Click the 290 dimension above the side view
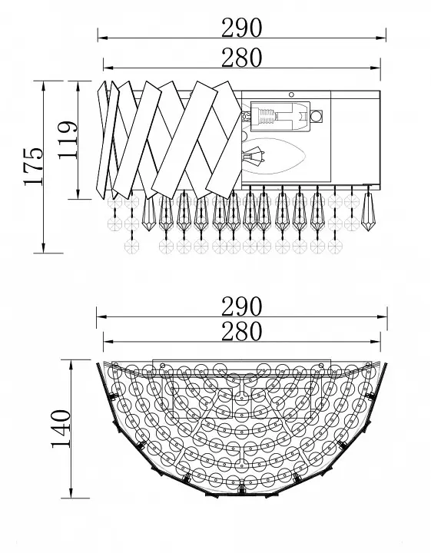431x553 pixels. [x=241, y=28]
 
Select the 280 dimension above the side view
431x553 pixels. [x=241, y=58]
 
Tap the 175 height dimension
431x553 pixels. [x=34, y=166]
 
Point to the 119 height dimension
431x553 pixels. [x=67, y=140]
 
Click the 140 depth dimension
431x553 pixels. [x=61, y=429]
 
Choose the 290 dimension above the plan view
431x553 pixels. [x=241, y=306]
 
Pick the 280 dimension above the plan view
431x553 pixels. [x=241, y=332]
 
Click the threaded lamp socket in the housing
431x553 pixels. [x=267, y=117]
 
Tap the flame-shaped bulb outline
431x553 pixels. [x=274, y=156]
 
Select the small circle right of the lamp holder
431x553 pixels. [x=317, y=116]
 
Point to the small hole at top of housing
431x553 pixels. [x=291, y=94]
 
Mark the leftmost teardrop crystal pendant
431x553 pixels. [x=148, y=214]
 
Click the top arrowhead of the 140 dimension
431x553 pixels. [x=71, y=365]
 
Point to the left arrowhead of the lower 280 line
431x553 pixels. [x=108, y=342]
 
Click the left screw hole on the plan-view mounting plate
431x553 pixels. [x=163, y=366]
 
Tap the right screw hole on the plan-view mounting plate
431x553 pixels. [x=321, y=366]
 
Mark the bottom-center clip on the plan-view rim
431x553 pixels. [x=241, y=489]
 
